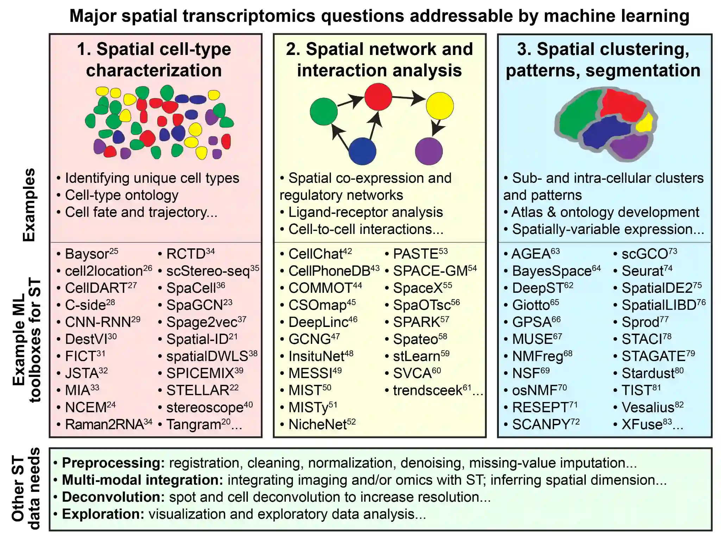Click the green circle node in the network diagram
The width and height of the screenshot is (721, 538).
click(x=324, y=112)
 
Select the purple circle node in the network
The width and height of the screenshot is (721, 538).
click(x=428, y=151)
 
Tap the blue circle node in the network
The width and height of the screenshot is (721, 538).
click(x=362, y=151)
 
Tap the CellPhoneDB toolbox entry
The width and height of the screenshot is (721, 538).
click(x=329, y=271)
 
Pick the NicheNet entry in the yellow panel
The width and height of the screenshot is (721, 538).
click(x=318, y=425)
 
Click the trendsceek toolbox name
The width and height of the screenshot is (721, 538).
click(x=427, y=390)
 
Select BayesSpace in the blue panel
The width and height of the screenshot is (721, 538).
click(x=552, y=271)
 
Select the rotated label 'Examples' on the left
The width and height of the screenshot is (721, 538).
click(x=29, y=205)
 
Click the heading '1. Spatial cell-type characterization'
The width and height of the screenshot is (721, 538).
click(x=154, y=60)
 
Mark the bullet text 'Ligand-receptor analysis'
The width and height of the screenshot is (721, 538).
click(x=365, y=212)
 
